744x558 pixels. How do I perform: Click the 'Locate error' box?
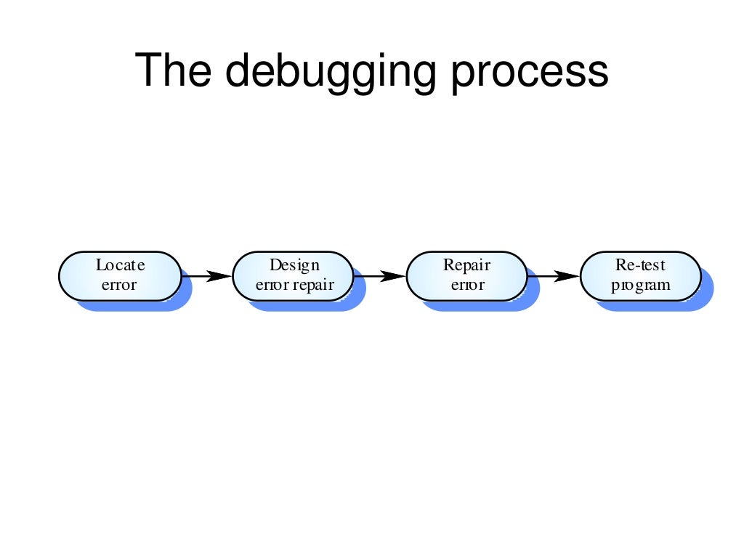(120, 275)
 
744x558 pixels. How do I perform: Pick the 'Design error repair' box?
(294, 275)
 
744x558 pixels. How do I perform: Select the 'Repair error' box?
(467, 275)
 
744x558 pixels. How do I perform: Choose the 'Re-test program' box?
(640, 275)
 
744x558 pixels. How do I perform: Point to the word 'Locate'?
(120, 265)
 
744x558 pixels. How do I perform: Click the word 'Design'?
(294, 265)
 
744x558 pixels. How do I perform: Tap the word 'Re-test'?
(640, 265)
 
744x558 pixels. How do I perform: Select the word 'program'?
(640, 285)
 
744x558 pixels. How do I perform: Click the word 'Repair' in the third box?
(467, 265)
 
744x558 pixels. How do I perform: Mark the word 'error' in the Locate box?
(119, 285)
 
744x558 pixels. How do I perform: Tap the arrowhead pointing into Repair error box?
(392, 276)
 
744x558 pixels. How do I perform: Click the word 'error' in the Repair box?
(467, 285)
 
